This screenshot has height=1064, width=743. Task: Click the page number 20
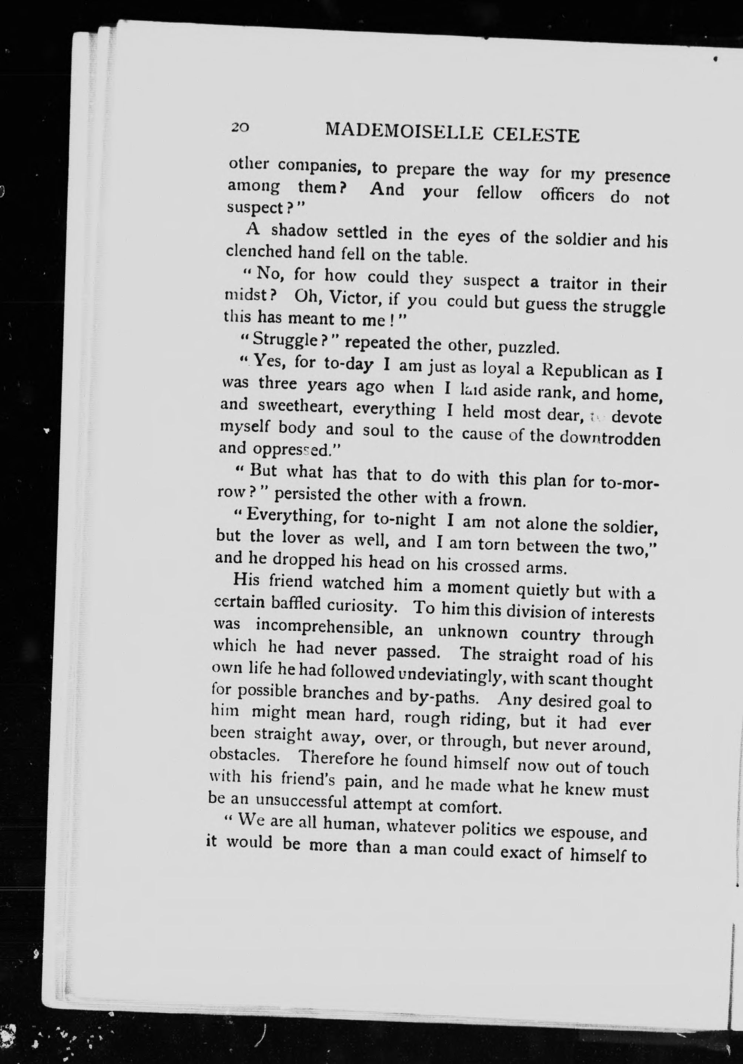click(241, 127)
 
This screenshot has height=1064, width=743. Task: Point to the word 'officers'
click(567, 195)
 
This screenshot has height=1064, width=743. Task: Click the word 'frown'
click(501, 500)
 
